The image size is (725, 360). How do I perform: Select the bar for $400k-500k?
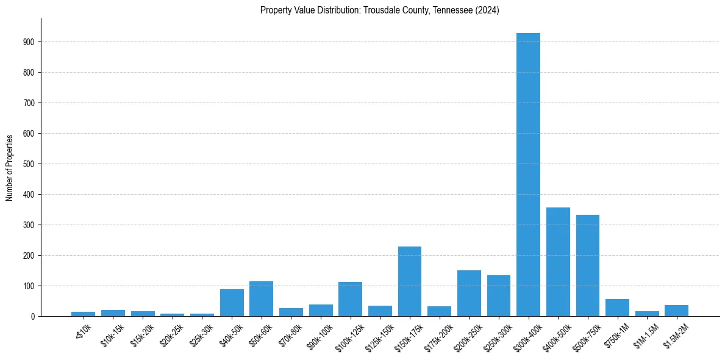558,262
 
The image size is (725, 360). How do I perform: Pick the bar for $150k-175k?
410,281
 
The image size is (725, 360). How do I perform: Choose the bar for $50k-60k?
261,299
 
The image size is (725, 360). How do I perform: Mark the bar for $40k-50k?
232,303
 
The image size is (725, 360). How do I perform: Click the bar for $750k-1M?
617,308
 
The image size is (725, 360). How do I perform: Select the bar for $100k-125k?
350,299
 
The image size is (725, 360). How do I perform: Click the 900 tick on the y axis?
29,42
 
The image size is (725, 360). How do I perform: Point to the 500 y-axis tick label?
29,164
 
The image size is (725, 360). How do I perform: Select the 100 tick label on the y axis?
29,286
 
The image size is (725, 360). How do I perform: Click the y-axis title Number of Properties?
9,167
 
